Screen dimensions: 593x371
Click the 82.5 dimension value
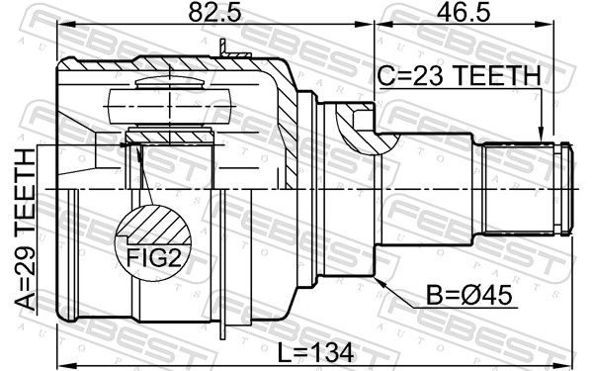coord(214,13)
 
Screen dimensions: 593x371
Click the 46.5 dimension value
coord(464,13)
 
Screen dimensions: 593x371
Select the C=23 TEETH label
coord(460,75)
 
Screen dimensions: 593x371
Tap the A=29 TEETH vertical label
coord(26,230)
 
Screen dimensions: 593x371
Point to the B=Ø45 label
coord(468,295)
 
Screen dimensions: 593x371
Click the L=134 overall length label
coord(316,352)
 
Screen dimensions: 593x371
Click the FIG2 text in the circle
coord(153,258)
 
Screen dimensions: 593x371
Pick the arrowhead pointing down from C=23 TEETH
coord(541,136)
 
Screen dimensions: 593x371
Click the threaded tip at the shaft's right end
coord(565,188)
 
